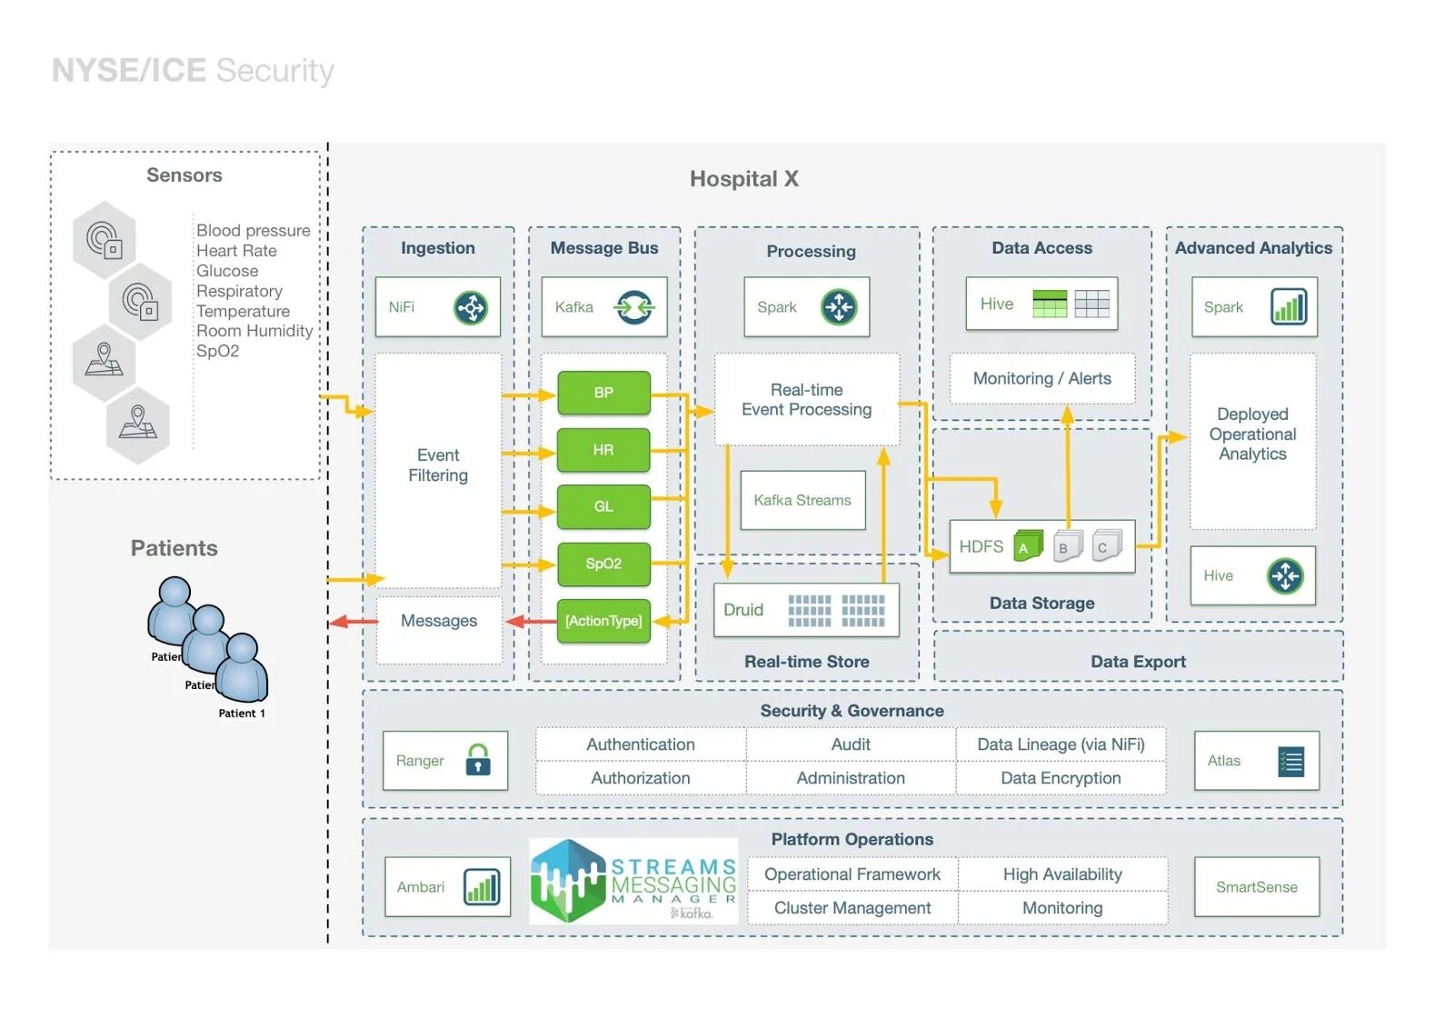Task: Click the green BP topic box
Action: pos(603,393)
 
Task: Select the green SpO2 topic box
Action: pos(603,564)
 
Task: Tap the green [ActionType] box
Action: pos(603,621)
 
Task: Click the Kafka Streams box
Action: pos(802,500)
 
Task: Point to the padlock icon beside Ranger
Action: pos(478,760)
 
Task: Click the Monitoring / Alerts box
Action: pos(1041,378)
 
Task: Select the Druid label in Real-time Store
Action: pos(743,610)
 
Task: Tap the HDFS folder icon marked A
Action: pos(1027,545)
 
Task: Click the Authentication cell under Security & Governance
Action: pos(641,744)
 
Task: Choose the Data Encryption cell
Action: pos(1061,778)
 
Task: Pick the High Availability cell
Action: pos(1062,874)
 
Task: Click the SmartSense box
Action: pos(1256,887)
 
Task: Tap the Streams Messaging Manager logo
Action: pos(633,881)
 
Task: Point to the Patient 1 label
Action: pos(242,714)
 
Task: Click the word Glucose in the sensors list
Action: pos(227,271)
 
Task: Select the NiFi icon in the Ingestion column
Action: pos(471,307)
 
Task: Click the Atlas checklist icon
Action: pos(1290,761)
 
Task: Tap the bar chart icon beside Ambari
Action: pos(482,886)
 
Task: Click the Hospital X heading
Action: pos(743,179)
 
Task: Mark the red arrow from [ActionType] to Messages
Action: pos(532,622)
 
